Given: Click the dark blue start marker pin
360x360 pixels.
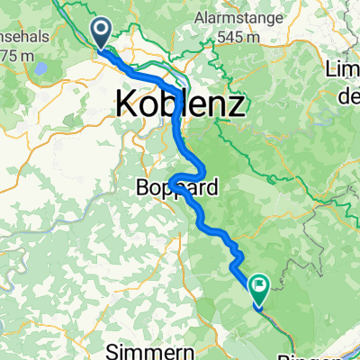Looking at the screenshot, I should [x=100, y=33].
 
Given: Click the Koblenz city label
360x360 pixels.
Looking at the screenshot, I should [x=180, y=105].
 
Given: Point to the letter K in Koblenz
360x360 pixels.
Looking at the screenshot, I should [x=125, y=105].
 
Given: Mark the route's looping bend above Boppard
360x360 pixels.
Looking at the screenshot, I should [x=189, y=175].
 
